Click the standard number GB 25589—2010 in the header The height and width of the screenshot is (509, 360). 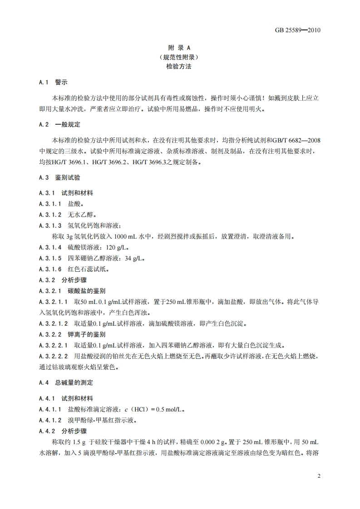298,30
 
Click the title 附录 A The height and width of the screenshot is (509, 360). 180,48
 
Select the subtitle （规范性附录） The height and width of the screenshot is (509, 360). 180,57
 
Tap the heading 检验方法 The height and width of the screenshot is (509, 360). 180,66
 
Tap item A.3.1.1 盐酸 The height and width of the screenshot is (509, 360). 61,204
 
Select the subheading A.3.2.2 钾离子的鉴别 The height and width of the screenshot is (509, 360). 72,334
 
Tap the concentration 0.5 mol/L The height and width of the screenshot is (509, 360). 170,409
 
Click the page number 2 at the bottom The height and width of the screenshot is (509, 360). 319,476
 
